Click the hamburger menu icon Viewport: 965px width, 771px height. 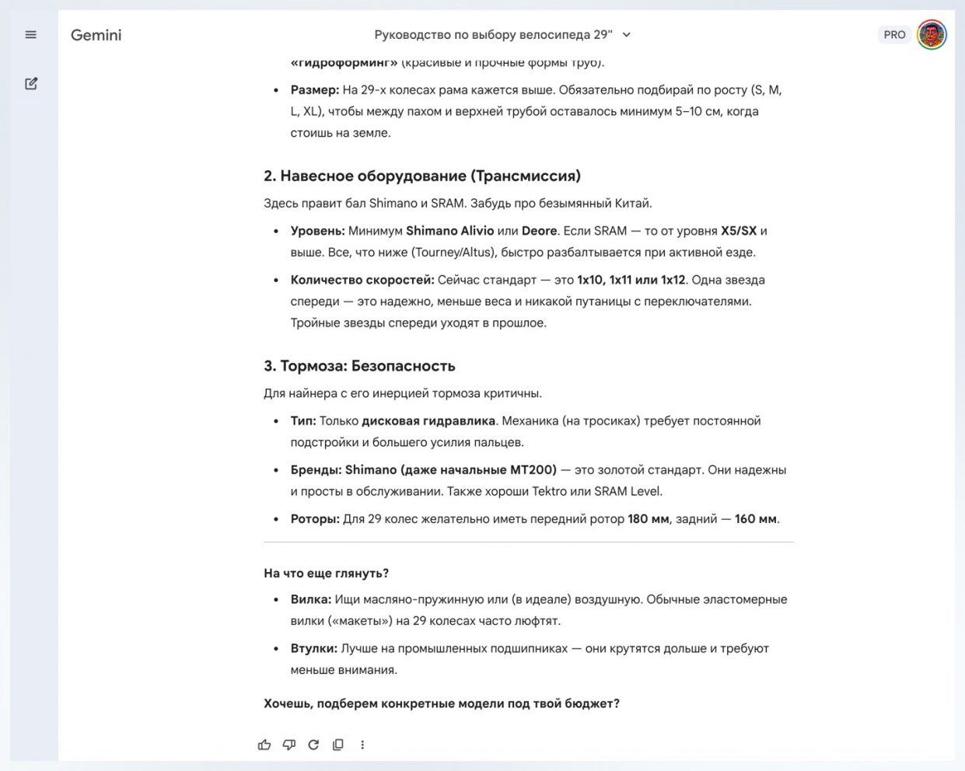31,35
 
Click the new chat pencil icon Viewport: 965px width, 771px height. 31,83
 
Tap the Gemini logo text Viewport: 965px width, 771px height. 96,35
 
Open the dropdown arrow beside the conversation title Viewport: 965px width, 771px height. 627,35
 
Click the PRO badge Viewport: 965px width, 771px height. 894,35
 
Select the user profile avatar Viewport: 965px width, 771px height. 932,35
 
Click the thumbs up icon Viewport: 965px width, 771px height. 264,745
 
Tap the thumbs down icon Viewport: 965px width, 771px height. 289,745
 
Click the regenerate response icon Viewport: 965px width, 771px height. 313,745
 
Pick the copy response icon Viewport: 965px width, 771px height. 338,745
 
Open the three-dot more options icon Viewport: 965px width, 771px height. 362,745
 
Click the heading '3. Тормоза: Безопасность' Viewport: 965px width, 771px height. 359,366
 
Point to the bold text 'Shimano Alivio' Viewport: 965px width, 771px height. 449,231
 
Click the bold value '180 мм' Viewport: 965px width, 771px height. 648,518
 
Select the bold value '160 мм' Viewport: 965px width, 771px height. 755,518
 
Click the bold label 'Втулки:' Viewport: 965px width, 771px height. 313,648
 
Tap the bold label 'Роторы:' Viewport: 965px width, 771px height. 315,518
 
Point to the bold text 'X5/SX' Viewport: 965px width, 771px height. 738,231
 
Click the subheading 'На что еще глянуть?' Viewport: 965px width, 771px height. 326,574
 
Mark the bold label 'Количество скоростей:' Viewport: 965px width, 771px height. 362,280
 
